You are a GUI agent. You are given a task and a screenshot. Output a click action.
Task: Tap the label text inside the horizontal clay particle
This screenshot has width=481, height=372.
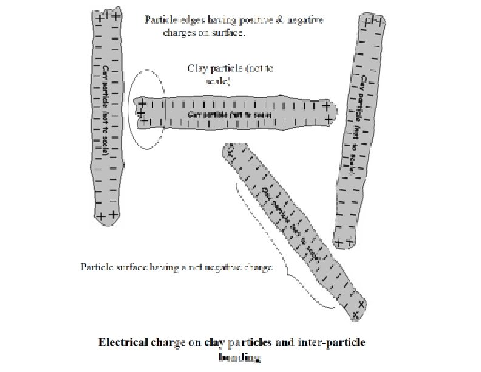230,114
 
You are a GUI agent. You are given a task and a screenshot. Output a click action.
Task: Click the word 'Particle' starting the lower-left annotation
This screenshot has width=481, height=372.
97,267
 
